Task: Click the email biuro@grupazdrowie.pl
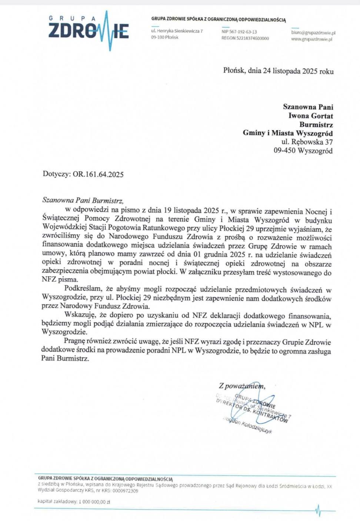(313, 33)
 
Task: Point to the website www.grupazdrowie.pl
(311, 39)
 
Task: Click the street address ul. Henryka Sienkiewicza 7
(177, 31)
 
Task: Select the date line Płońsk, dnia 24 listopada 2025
(278, 71)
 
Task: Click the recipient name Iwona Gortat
(310, 116)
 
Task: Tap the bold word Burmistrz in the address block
(316, 125)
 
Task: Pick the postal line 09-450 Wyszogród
(303, 150)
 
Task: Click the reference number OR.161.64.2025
(98, 174)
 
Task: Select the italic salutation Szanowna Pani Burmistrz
(83, 200)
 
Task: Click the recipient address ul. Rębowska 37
(307, 142)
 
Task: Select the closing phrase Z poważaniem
(241, 386)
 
